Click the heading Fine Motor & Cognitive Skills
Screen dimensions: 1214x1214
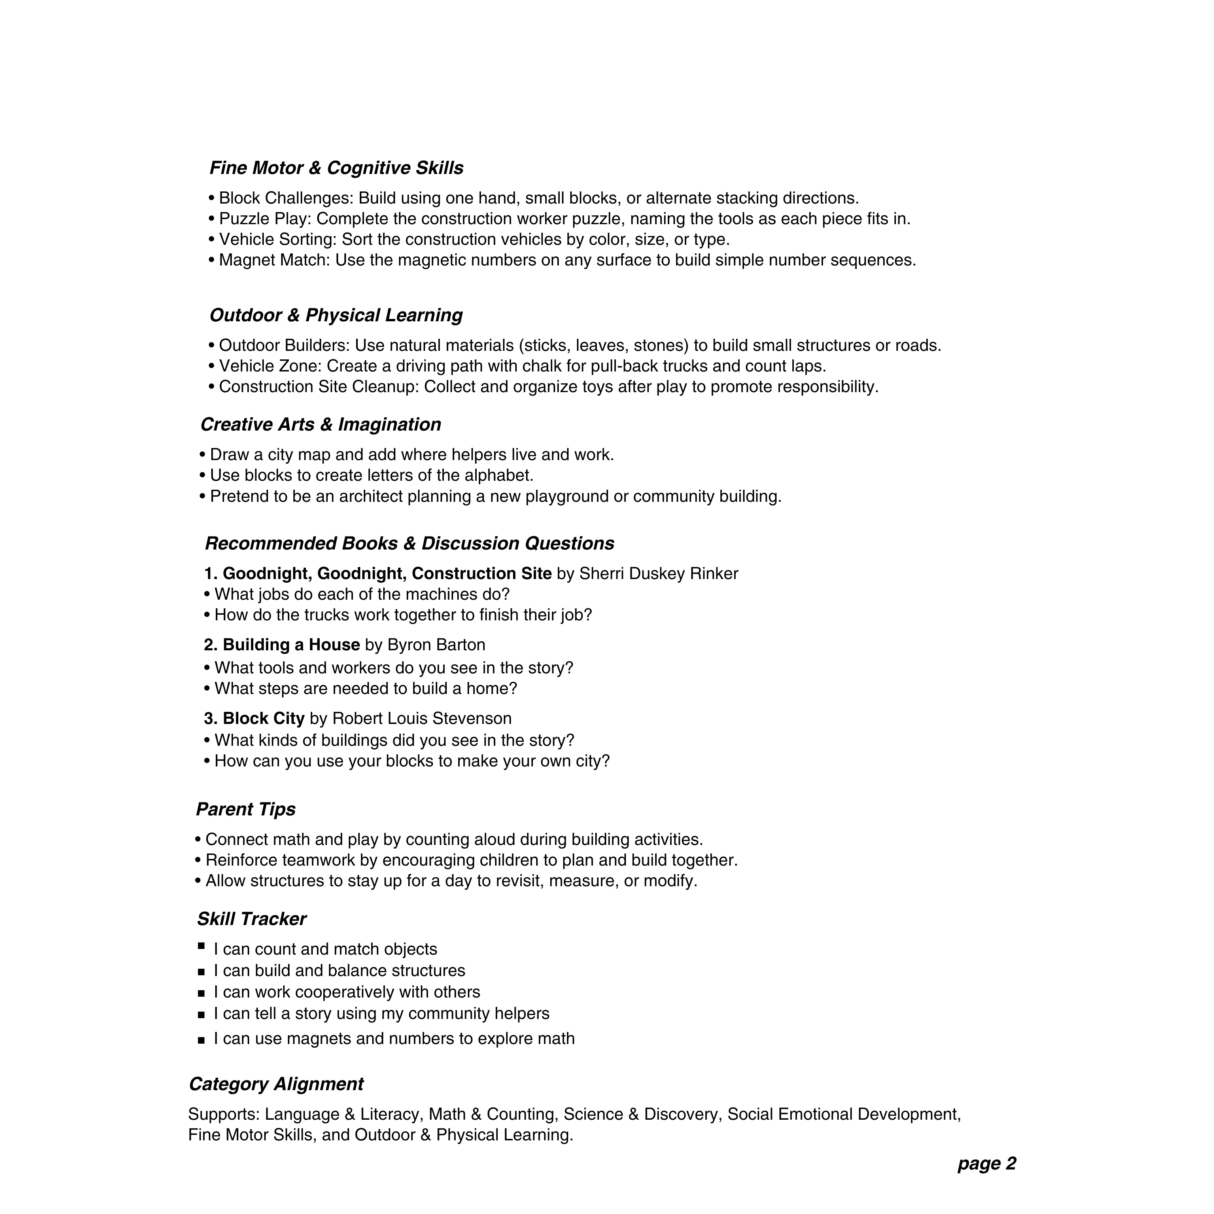tap(336, 168)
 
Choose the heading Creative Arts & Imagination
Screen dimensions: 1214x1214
tap(320, 425)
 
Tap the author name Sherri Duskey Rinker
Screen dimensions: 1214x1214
tap(658, 574)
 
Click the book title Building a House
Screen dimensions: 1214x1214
tap(291, 645)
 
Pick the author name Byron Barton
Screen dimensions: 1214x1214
tap(436, 645)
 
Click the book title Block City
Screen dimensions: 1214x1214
tap(263, 719)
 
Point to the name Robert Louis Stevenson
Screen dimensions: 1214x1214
tap(422, 719)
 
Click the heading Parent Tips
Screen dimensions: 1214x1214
tap(246, 809)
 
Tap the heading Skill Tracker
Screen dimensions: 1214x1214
tap(251, 919)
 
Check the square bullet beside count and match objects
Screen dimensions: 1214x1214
tap(201, 946)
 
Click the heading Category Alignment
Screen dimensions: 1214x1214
tap(276, 1085)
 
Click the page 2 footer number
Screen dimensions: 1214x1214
tap(987, 1164)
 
